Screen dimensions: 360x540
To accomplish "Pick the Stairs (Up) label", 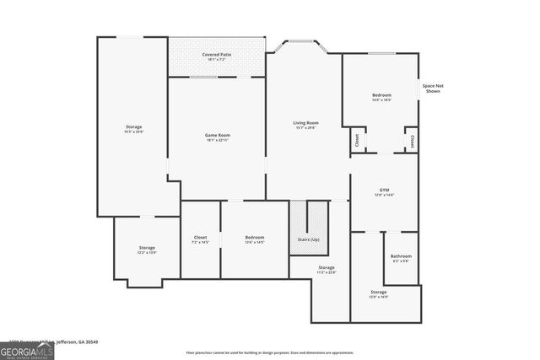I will click(309, 240).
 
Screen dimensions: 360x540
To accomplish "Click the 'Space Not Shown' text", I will click(433, 89).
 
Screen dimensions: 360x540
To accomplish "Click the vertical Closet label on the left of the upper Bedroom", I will click(357, 141).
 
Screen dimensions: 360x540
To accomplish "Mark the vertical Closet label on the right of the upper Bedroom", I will click(411, 141).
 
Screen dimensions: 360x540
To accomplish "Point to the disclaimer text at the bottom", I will click(269, 352).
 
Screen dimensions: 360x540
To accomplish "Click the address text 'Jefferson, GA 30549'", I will click(78, 342).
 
